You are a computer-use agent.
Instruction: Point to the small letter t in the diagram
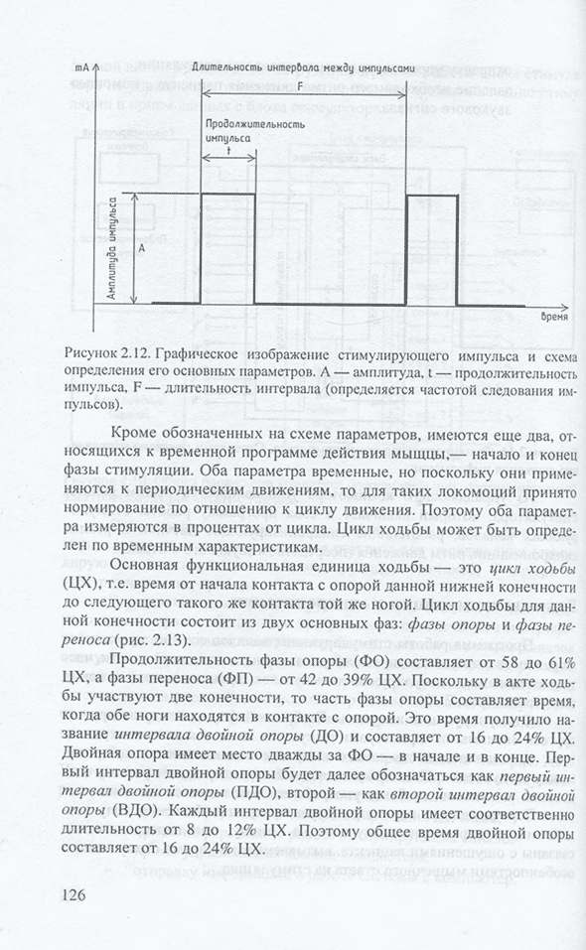click(x=228, y=153)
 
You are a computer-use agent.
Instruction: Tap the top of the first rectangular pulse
click(x=227, y=194)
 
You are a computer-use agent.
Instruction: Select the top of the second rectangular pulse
click(x=431, y=196)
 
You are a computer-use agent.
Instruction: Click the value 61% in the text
click(x=557, y=661)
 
